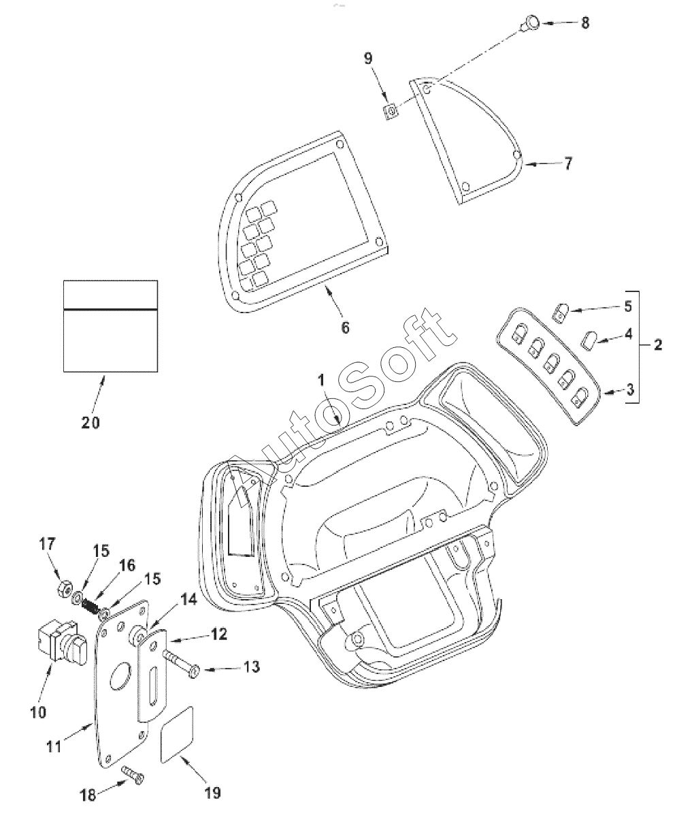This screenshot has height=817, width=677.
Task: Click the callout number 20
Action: [x=90, y=422]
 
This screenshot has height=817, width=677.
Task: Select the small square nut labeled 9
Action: [x=391, y=110]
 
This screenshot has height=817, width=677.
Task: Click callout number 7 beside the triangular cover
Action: [x=568, y=163]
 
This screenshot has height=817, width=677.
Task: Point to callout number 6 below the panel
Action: [x=345, y=327]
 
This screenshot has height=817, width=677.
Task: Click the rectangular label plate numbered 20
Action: [x=110, y=326]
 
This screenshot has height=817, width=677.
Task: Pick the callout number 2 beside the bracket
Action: [x=657, y=345]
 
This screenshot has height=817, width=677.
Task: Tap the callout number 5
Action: [x=627, y=306]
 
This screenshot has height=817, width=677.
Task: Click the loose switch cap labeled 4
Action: [x=589, y=338]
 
